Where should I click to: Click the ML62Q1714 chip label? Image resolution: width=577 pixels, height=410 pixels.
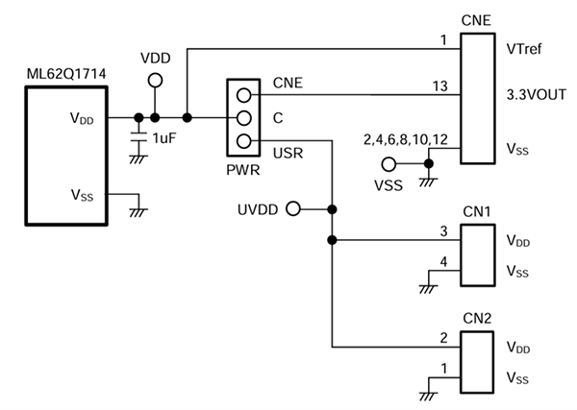pyautogui.click(x=64, y=73)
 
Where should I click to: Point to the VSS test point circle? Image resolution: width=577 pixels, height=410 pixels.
pyautogui.click(x=389, y=164)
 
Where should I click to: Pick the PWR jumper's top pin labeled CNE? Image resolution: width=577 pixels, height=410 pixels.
pyautogui.click(x=243, y=95)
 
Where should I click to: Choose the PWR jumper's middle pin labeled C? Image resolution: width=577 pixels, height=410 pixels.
pyautogui.click(x=243, y=118)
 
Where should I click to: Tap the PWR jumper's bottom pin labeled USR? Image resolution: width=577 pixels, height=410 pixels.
pyautogui.click(x=243, y=142)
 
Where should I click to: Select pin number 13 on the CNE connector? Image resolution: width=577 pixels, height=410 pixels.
pyautogui.click(x=439, y=85)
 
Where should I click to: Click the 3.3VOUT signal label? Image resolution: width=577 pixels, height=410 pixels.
pyautogui.click(x=536, y=95)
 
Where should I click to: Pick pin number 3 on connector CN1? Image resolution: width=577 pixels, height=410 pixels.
pyautogui.click(x=442, y=231)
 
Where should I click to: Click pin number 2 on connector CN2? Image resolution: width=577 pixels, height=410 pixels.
pyautogui.click(x=442, y=336)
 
